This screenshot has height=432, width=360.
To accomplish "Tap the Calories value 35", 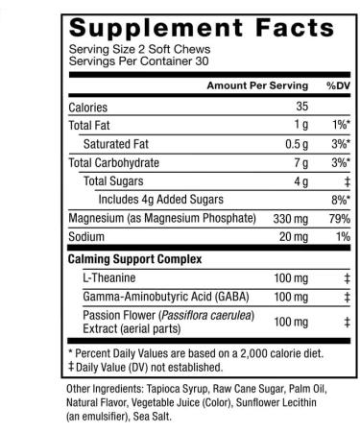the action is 300,107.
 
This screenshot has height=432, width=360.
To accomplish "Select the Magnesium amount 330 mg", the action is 284,217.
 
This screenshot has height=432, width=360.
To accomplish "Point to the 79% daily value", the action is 337,217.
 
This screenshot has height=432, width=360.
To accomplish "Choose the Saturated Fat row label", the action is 119,143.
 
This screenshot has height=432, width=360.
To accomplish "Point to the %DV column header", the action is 336,86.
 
